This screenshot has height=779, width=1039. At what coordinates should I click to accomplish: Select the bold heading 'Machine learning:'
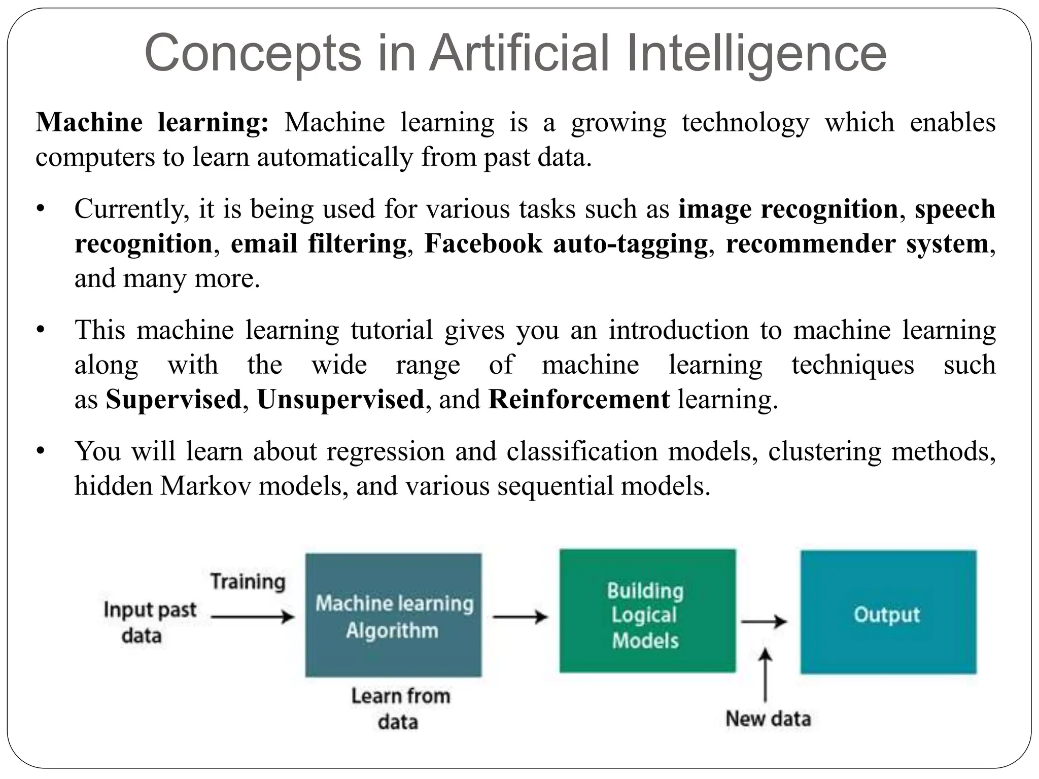point(152,123)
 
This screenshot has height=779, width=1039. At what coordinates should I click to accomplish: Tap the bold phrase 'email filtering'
point(319,243)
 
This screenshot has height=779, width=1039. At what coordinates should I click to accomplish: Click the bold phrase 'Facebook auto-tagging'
point(566,243)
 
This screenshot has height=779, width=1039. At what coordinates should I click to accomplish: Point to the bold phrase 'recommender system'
point(857,243)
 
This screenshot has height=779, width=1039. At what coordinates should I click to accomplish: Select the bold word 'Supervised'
point(174,399)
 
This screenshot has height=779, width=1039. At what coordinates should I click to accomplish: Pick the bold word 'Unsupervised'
point(340,399)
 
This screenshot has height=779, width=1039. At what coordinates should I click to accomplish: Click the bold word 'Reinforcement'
point(579,399)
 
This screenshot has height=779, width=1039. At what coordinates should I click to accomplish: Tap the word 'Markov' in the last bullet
point(205,486)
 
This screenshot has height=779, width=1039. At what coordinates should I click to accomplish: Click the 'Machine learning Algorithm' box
point(394,615)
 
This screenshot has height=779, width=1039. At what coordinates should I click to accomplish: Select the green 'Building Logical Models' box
point(647,611)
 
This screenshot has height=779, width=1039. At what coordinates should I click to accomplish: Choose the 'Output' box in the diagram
point(888,612)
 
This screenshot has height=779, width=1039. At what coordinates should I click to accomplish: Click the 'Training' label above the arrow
point(248,582)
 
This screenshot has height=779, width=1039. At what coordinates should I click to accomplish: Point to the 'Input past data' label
point(149,622)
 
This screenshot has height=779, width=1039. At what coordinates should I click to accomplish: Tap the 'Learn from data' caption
point(400,709)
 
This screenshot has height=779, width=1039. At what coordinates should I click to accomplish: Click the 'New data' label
point(768,719)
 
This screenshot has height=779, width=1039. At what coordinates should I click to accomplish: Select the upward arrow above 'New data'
point(766,675)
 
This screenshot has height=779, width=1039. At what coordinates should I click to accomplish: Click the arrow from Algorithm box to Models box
point(521,617)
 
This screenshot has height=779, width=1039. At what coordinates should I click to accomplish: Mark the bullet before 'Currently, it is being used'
point(41,209)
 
